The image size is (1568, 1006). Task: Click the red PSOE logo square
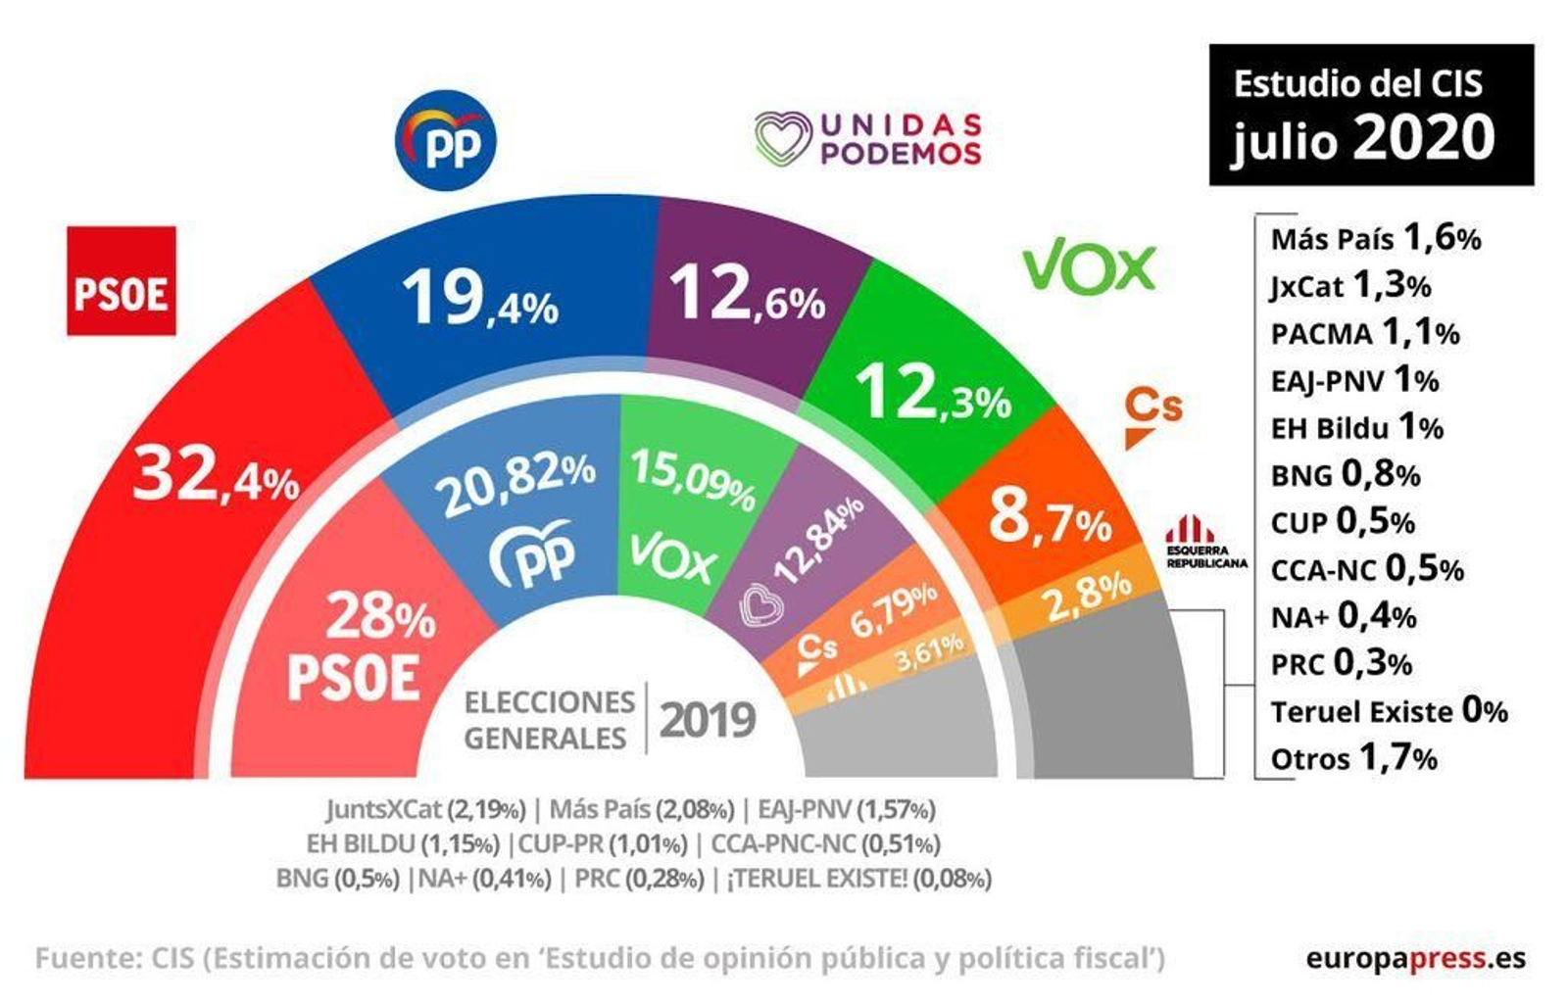[121, 280]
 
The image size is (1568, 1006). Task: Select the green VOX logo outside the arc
[1089, 267]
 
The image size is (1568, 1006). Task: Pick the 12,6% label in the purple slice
[746, 295]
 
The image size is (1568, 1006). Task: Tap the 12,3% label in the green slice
[931, 393]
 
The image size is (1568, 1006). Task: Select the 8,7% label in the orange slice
[1050, 519]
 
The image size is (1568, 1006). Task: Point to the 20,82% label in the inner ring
[515, 484]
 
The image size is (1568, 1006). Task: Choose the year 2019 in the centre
[707, 720]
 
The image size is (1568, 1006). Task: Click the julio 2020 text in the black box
[1363, 138]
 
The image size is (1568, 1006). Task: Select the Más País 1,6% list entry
[1375, 238]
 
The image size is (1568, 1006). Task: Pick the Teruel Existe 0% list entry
[1388, 710]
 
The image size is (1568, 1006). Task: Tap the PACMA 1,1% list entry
[1364, 333]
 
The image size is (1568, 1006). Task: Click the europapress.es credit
[1414, 958]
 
